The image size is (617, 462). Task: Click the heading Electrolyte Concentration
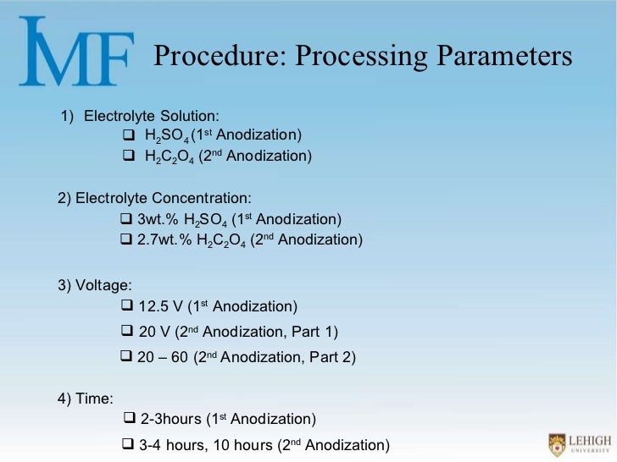[x=154, y=198]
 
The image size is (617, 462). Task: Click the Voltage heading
[x=95, y=285]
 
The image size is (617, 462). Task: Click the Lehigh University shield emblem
[x=556, y=443]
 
